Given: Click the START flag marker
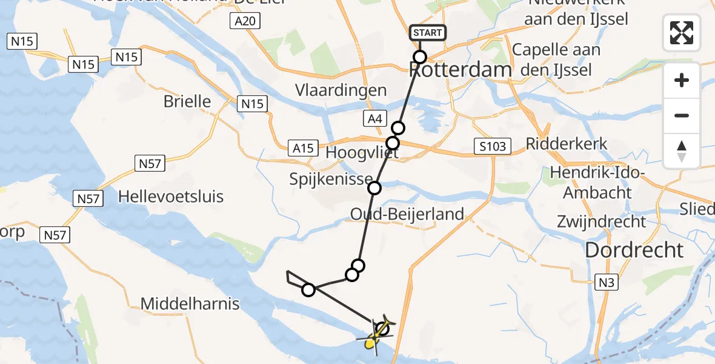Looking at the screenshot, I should coord(428,32).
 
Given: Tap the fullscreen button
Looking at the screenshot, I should coord(682,33).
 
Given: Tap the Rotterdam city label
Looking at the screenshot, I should coord(461,70).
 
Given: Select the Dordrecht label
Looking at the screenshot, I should coord(634,250).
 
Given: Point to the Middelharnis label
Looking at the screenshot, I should coord(190,303).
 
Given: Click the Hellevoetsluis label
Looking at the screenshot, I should coord(171,197).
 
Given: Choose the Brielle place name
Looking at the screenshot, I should coord(187,101).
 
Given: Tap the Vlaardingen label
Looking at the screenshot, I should coord(341,90).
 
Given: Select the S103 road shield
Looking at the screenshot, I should coord(492,146).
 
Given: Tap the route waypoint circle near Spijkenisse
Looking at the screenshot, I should coord(374,188).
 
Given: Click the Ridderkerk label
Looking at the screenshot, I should coord(567,144).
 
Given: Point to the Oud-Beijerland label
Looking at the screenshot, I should coord(407,214).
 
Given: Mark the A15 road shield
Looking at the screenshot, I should coord(302,148).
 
